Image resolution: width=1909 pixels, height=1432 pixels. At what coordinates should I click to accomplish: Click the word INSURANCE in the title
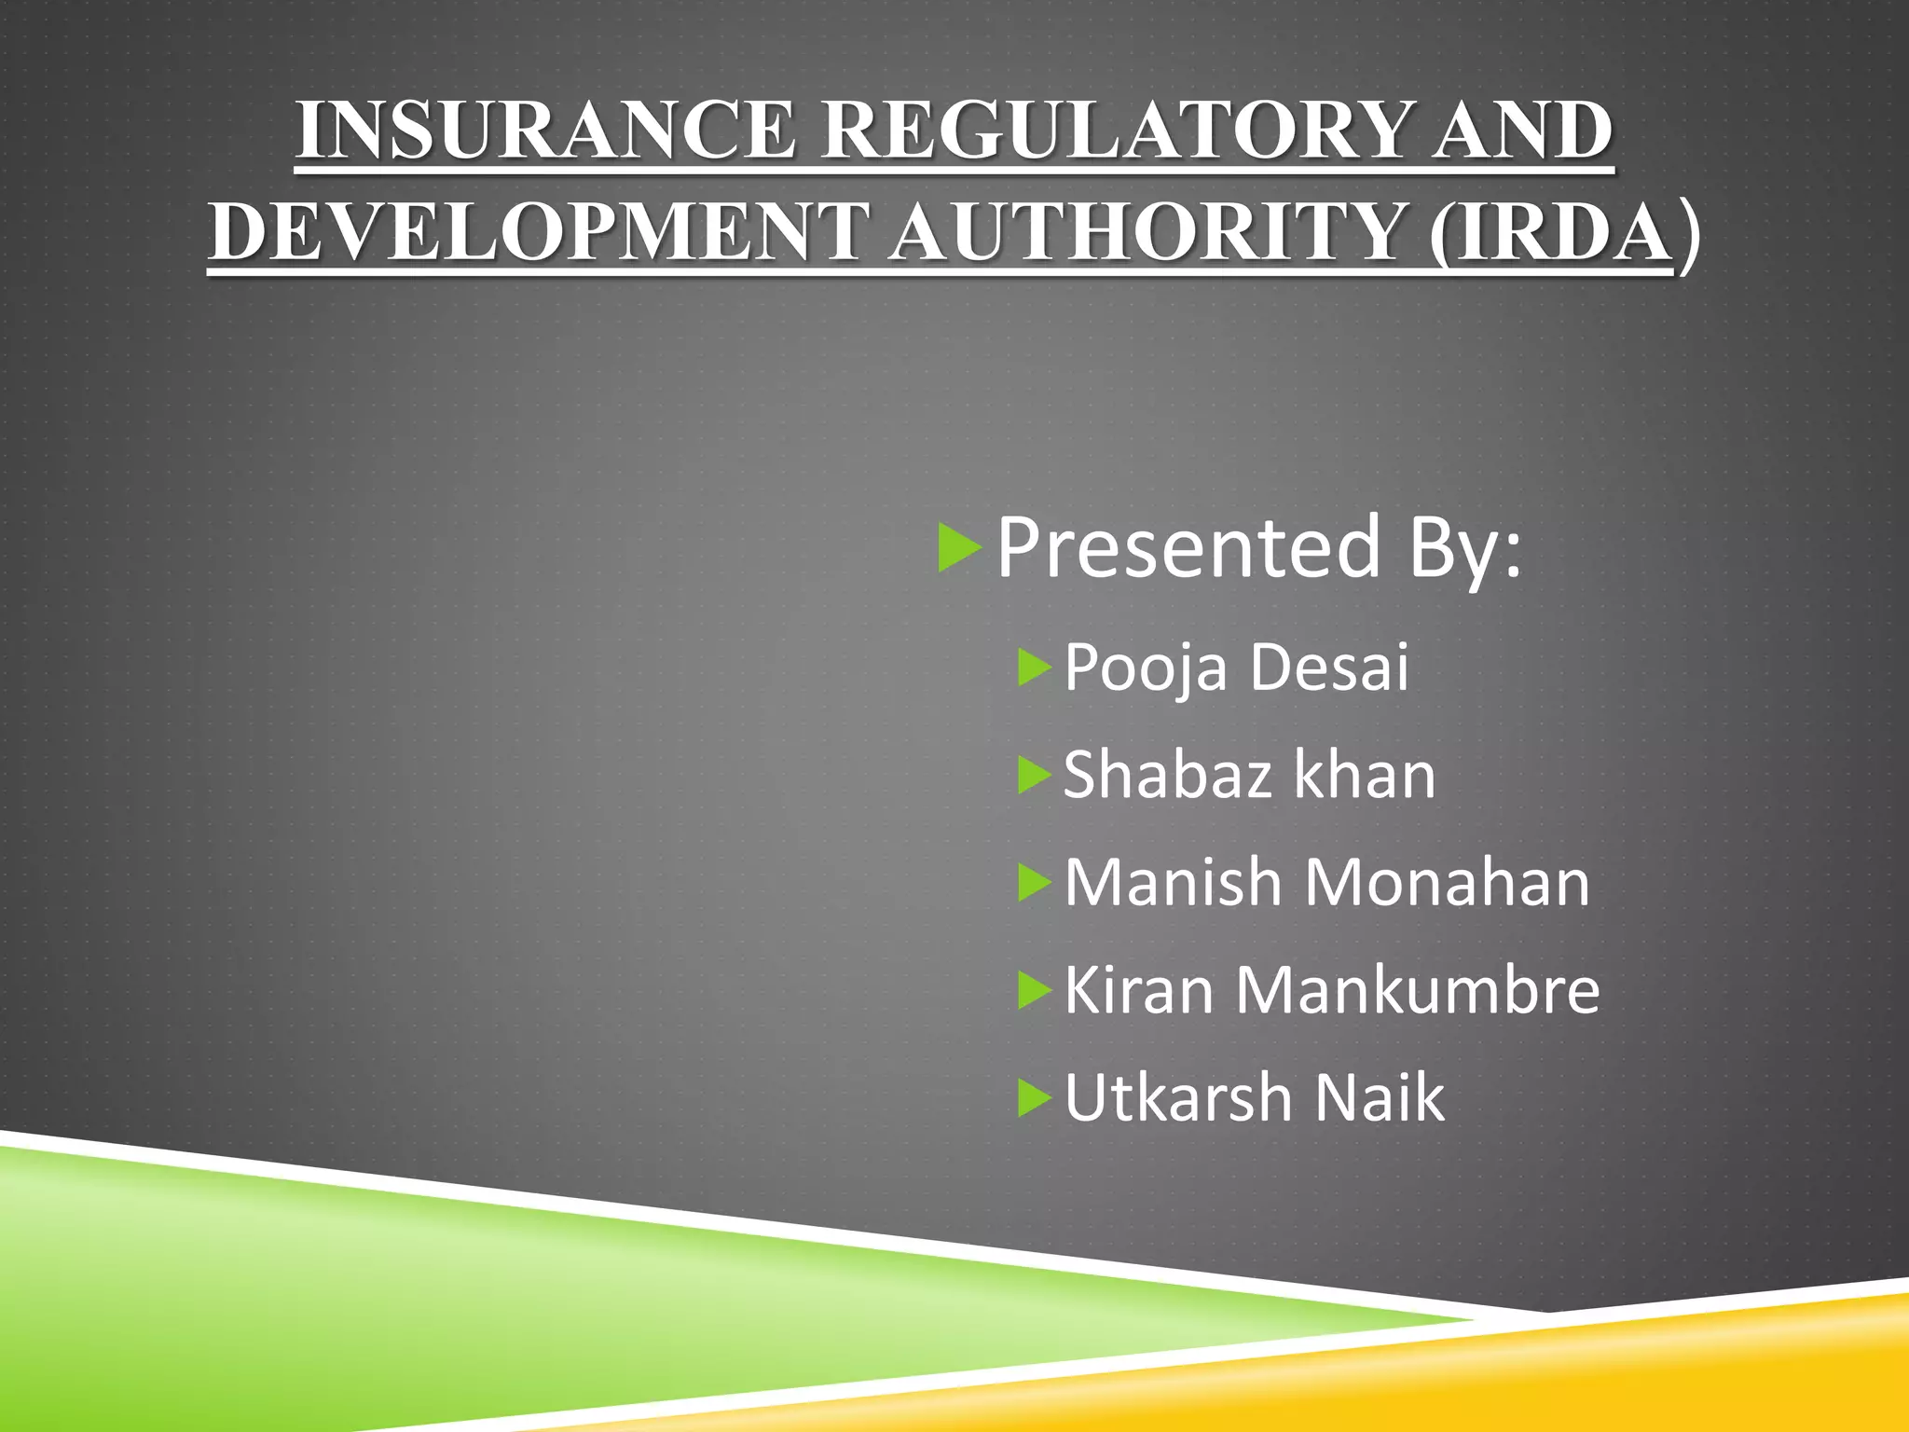[x=546, y=131]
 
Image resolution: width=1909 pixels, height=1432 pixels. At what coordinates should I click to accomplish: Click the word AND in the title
[x=1522, y=131]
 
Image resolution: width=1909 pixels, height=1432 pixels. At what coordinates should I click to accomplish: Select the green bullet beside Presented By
[x=959, y=548]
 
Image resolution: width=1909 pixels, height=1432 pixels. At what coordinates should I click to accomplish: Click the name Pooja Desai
[x=1236, y=668]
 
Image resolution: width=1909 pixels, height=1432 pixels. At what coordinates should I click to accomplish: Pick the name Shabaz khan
[x=1249, y=775]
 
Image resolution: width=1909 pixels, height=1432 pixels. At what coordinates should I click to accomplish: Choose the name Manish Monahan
[x=1326, y=882]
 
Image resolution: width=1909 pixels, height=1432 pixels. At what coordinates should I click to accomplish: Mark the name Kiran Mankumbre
[x=1332, y=989]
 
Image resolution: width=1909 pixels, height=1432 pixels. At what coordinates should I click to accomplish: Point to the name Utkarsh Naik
[x=1254, y=1097]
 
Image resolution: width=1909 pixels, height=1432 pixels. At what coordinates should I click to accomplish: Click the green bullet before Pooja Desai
[x=1035, y=668]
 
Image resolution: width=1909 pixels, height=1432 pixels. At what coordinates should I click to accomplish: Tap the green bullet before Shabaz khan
[x=1035, y=776]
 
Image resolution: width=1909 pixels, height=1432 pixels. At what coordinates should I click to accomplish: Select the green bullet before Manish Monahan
[x=1035, y=883]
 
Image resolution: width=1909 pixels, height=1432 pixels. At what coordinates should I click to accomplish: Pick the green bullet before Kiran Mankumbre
[x=1035, y=990]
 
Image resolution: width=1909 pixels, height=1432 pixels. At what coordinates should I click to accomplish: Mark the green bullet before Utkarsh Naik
[x=1035, y=1097]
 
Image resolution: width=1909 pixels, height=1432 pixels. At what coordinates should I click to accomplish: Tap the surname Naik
[x=1380, y=1097]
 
